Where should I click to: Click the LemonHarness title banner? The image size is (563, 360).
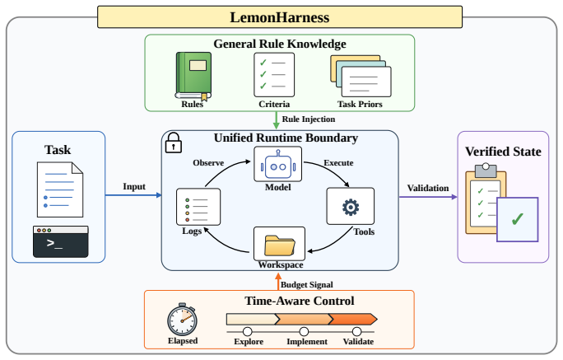click(x=280, y=16)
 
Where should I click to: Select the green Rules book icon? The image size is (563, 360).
click(x=193, y=76)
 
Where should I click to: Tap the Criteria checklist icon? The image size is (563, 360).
click(x=274, y=75)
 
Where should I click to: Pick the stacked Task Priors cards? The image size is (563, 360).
click(x=361, y=76)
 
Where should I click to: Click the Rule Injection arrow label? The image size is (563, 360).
click(x=309, y=119)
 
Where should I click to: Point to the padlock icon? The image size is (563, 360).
click(x=173, y=143)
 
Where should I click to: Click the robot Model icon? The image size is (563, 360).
click(x=278, y=164)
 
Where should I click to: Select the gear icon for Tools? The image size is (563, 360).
click(x=351, y=207)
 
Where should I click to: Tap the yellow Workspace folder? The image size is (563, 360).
click(x=279, y=244)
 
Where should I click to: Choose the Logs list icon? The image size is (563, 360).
click(x=198, y=207)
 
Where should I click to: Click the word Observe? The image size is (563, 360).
click(x=208, y=163)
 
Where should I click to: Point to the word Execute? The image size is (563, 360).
click(x=338, y=163)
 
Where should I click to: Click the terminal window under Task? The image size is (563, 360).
click(x=61, y=241)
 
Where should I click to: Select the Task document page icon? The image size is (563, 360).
click(x=60, y=189)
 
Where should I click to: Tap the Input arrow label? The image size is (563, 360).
click(x=134, y=186)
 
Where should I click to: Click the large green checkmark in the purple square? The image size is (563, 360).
click(x=518, y=219)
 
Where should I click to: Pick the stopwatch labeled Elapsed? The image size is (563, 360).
click(x=182, y=319)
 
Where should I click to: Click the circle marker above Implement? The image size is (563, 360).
click(x=304, y=331)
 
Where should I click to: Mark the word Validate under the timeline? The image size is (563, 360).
click(x=358, y=341)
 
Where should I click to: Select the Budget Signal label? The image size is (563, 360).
click(x=307, y=284)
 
